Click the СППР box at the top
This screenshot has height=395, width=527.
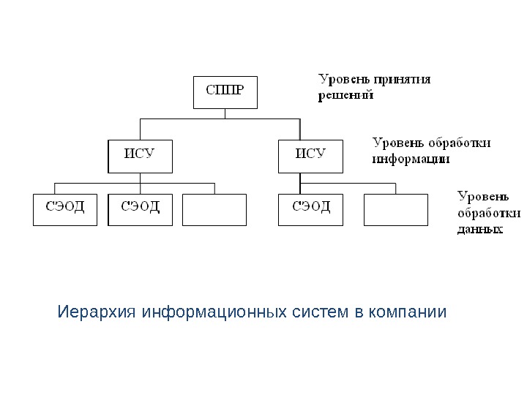pos(225,92)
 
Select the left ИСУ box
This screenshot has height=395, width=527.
pos(140,155)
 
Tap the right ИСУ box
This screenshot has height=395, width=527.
pos(311,155)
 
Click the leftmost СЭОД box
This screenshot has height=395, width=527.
pos(65,209)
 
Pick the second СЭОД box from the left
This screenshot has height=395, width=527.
pos(140,209)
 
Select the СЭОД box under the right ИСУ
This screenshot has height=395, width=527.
pos(311,209)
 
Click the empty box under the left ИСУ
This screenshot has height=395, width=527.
pos(214,209)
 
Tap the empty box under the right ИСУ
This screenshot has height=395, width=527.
pos(396,209)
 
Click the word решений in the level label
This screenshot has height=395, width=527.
pos(345,95)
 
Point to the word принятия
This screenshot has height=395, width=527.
pos(402,79)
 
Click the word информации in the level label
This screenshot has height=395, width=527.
pos(410,158)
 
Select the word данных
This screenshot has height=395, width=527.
pos(480,230)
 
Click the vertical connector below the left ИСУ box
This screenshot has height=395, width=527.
pos(140,177)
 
